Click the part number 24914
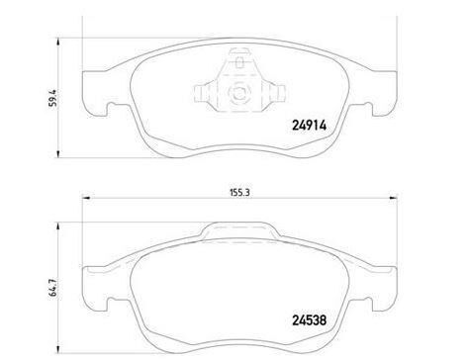[x=309, y=126]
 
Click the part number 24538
[x=309, y=319]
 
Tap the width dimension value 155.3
[x=239, y=192]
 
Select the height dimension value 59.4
[x=52, y=98]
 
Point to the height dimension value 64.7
[x=53, y=289]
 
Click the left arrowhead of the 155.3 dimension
[x=86, y=198]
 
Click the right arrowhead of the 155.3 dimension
[x=393, y=198]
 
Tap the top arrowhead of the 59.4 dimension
[x=58, y=43]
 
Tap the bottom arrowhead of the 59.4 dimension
[x=58, y=153]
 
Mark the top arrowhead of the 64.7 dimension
[x=58, y=226]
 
